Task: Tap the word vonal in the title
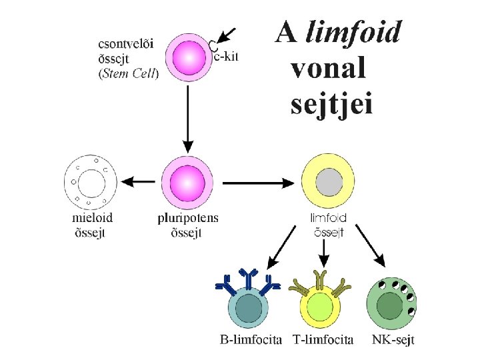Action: point(329,68)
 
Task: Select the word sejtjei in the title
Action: point(331,105)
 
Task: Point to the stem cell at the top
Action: point(188,59)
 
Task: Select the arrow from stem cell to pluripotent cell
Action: point(188,120)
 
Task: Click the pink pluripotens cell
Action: point(188,182)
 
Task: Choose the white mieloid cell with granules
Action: point(89,181)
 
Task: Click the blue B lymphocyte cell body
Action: point(248,309)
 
